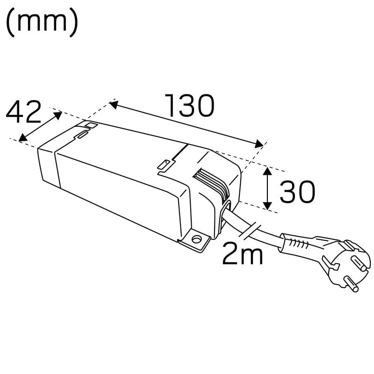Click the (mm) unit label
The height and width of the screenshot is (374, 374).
tap(42, 22)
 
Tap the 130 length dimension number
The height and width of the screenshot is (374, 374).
tap(190, 106)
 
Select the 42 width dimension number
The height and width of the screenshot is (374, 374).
tap(23, 112)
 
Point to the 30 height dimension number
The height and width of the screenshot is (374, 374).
tap(297, 192)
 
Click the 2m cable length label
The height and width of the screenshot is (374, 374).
tap(242, 253)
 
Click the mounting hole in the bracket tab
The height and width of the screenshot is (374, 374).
tap(196, 239)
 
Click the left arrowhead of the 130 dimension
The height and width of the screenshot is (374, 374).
tap(114, 104)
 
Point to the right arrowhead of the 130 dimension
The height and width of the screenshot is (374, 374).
tap(259, 144)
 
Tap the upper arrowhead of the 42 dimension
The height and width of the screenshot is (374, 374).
tap(58, 115)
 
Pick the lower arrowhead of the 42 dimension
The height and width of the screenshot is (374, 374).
tap(22, 137)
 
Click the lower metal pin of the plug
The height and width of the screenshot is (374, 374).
tap(352, 284)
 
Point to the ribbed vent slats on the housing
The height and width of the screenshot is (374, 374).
tap(212, 185)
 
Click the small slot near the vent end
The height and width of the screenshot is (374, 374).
tap(164, 165)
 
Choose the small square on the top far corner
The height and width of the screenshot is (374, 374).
tap(92, 125)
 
